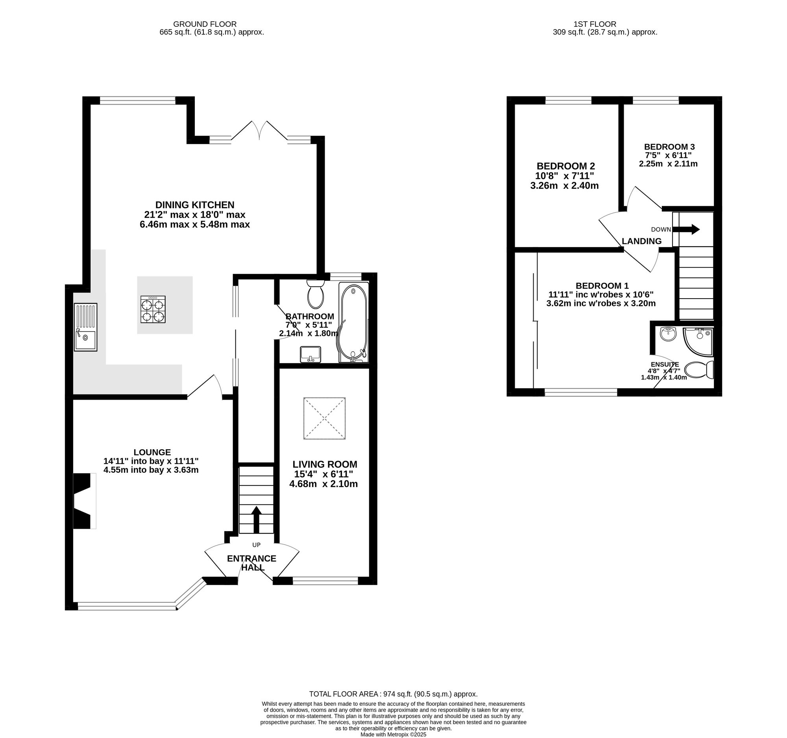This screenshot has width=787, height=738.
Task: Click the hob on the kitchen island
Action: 153,310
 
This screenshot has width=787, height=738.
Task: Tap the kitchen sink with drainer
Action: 85,327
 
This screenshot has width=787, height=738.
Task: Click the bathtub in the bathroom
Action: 353,323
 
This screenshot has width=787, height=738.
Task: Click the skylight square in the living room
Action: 325,418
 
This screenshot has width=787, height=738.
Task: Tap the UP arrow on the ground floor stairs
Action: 256,520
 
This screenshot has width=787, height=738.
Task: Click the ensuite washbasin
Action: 669,334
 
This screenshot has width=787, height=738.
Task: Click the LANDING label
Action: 641,241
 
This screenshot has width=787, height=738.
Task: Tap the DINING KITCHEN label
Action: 195,205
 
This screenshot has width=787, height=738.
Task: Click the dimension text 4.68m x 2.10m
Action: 323,484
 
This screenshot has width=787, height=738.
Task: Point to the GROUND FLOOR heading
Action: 205,24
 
